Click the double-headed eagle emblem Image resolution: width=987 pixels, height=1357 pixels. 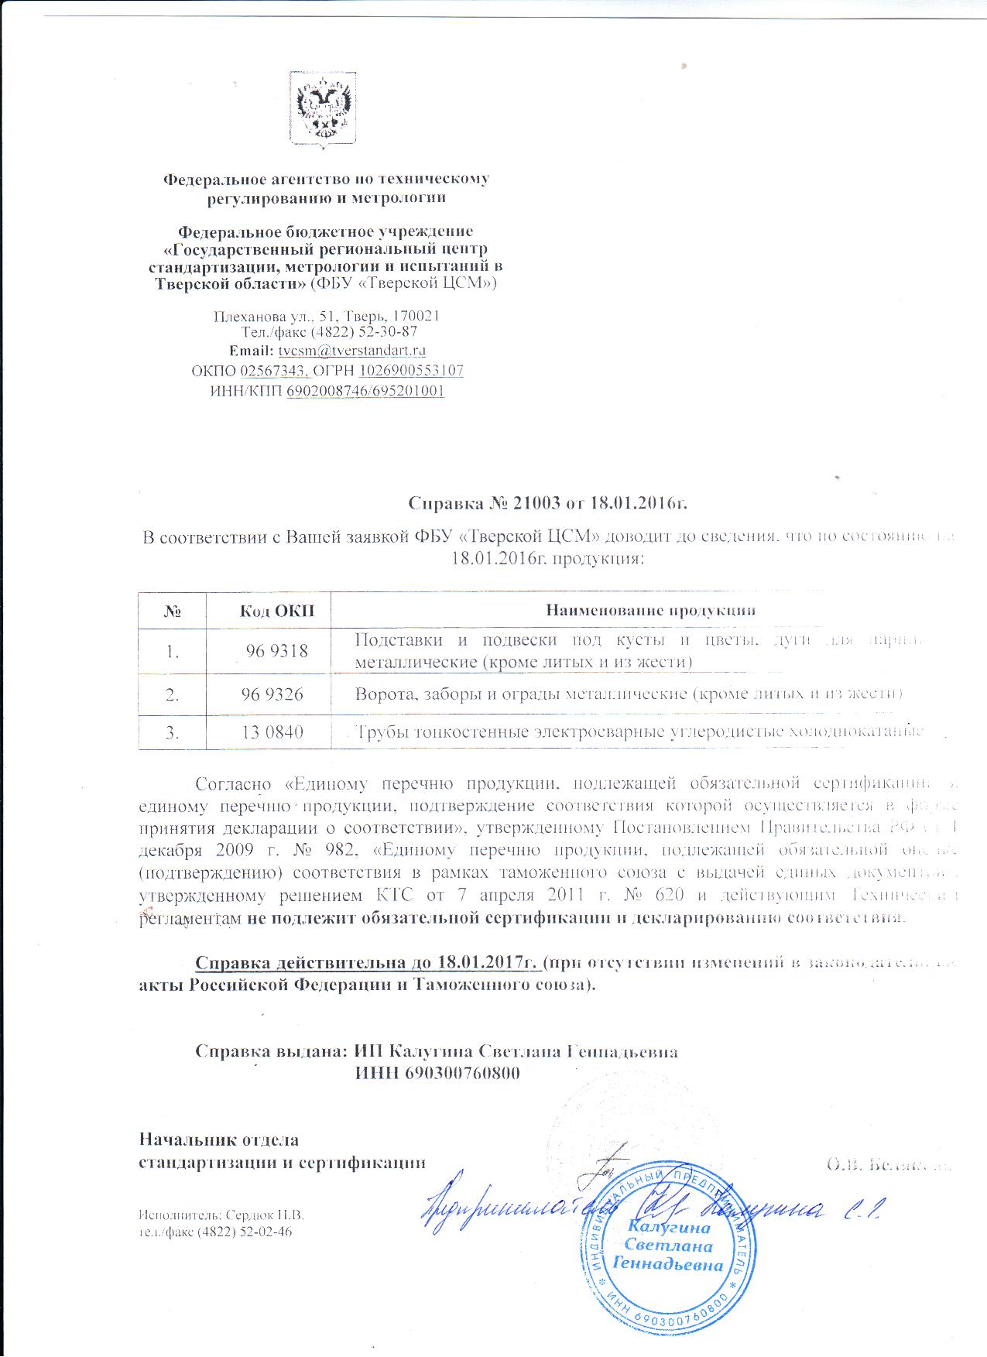pyautogui.click(x=324, y=108)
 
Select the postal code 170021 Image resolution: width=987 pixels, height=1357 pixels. pyautogui.click(x=417, y=317)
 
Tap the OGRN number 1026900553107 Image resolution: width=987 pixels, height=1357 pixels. pyautogui.click(x=411, y=371)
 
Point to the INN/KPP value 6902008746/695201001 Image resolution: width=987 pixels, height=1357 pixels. pyautogui.click(x=365, y=391)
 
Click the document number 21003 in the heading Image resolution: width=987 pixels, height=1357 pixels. pyautogui.click(x=533, y=504)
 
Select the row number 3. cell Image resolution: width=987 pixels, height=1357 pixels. pyautogui.click(x=173, y=732)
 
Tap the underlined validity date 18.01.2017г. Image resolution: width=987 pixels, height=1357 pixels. pyautogui.click(x=488, y=964)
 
